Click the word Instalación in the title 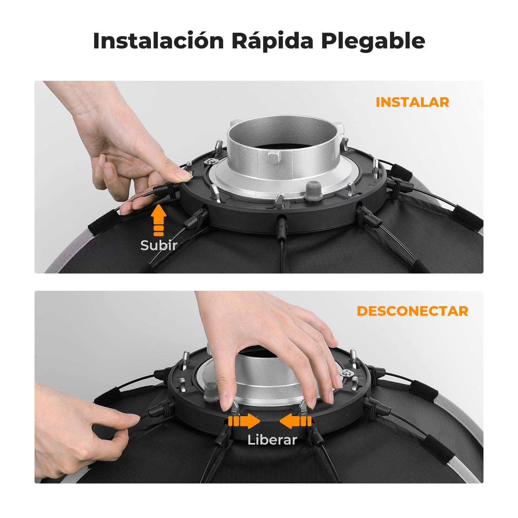coord(159,41)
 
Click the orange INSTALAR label coord(412,102)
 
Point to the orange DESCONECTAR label coord(412,311)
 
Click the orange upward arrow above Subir coord(159,220)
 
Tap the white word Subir coord(159,245)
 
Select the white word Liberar coord(272,440)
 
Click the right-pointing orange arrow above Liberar coord(244,422)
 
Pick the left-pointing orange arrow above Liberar coord(296,422)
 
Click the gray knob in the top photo coord(313,190)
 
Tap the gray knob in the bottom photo coord(211,393)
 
